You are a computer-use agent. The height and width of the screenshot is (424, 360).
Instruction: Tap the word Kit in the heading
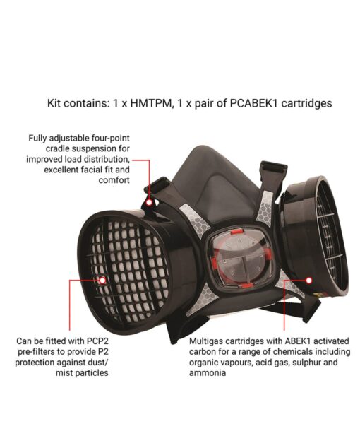pos(56,103)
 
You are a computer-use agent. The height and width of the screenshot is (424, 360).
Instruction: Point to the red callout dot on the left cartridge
pos(102,280)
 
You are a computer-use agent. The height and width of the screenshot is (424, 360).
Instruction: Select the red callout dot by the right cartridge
pos(284,281)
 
